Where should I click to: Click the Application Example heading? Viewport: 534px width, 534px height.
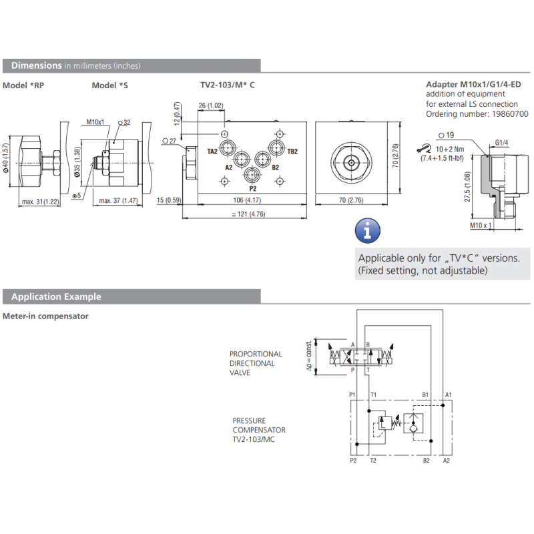pyautogui.click(x=56, y=296)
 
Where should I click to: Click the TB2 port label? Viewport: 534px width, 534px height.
pyautogui.click(x=292, y=152)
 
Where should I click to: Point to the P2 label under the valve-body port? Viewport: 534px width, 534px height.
pyautogui.click(x=252, y=190)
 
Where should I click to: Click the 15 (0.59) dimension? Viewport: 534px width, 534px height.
pyautogui.click(x=169, y=200)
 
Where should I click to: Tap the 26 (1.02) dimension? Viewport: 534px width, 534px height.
pyautogui.click(x=211, y=105)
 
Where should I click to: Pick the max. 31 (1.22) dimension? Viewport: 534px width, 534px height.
pyautogui.click(x=40, y=201)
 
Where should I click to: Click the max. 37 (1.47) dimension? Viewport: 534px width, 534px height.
pyautogui.click(x=118, y=200)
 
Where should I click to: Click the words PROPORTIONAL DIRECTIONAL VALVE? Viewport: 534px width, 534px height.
pyautogui.click(x=256, y=363)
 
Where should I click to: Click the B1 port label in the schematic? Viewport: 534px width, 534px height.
pyautogui.click(x=425, y=395)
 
